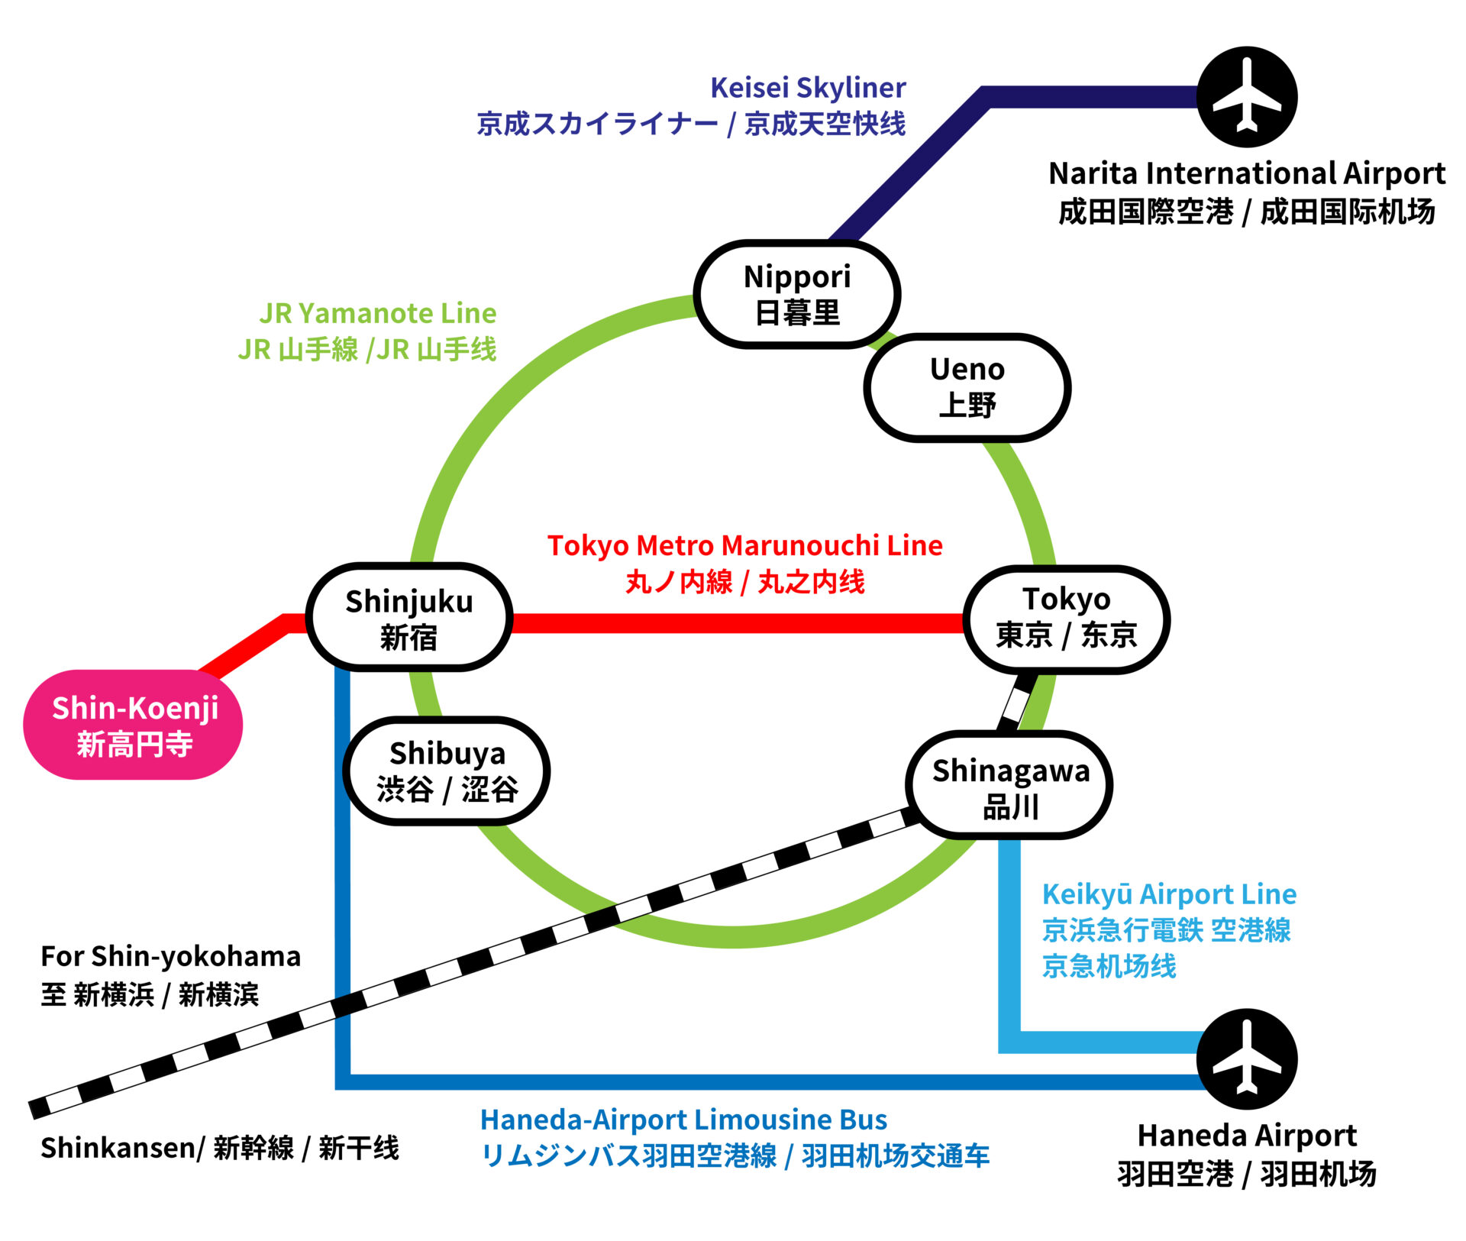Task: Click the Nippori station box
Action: coord(797,295)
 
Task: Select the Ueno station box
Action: coord(967,387)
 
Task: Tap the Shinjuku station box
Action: coord(409,618)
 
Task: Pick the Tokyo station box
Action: coord(1066,619)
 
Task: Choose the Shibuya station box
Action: coord(447,771)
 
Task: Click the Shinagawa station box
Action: coord(1009,786)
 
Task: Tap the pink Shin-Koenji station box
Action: coord(134,725)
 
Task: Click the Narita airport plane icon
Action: coord(1246,97)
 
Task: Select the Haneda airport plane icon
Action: coord(1246,1059)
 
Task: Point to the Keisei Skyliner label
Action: coord(807,88)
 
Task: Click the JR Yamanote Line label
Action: coord(377,313)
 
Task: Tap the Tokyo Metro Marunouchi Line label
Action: coord(744,545)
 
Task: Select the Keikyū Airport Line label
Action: coord(1168,894)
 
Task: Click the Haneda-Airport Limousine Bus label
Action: coord(683,1120)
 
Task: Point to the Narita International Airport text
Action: coord(1246,174)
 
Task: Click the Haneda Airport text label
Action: coord(1246,1136)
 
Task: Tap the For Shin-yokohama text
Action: coord(170,956)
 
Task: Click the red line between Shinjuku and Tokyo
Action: coord(737,623)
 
